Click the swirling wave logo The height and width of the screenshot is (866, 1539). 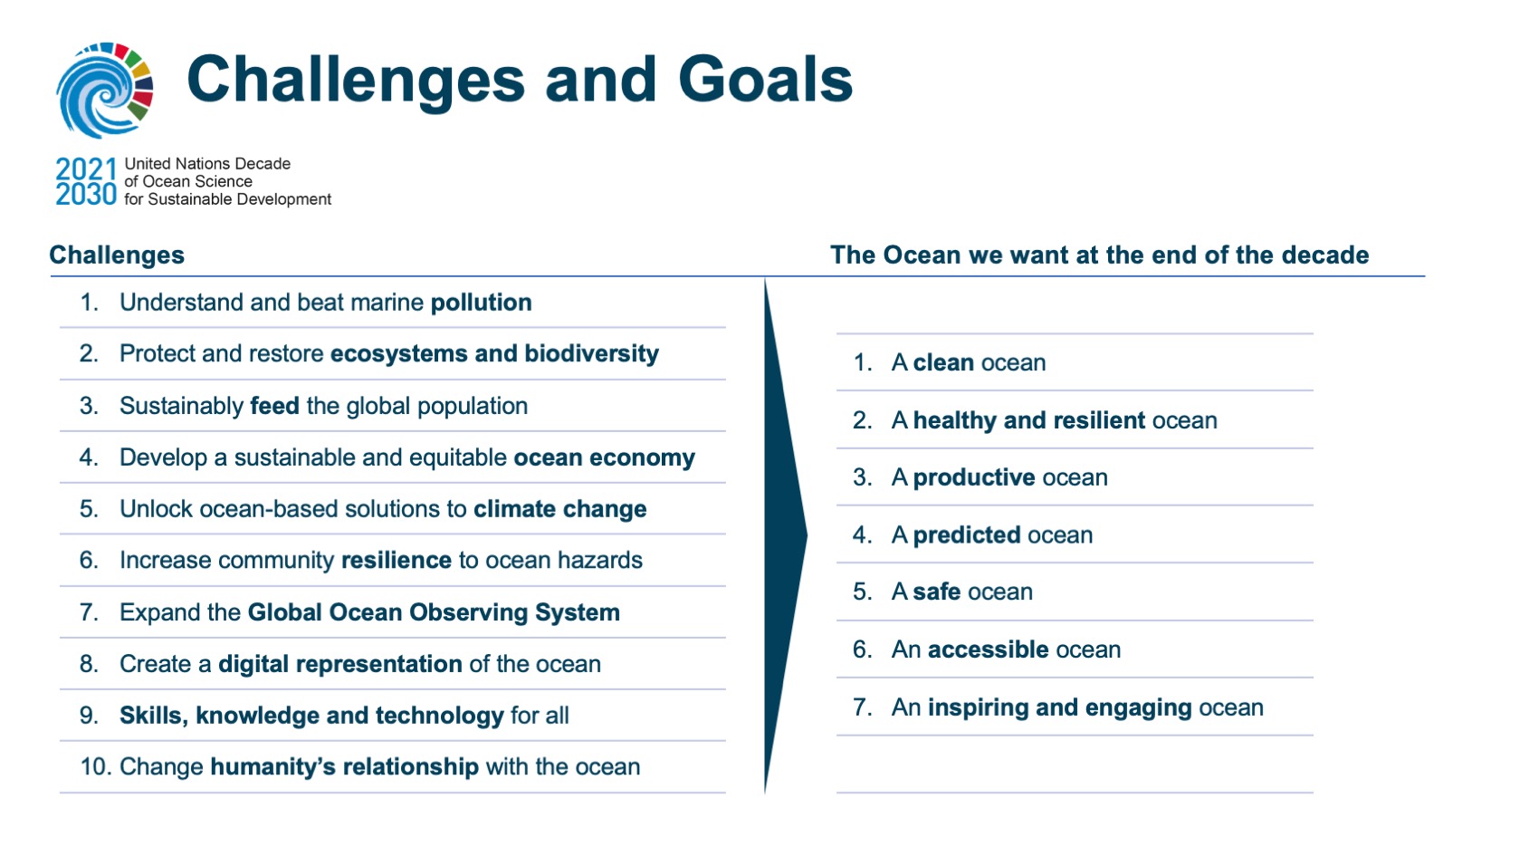tap(104, 90)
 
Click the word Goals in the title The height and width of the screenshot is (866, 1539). tap(765, 81)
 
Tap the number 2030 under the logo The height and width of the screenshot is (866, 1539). tap(86, 195)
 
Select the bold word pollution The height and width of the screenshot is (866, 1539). tap(481, 303)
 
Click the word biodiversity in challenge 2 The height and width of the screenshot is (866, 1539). tap(591, 353)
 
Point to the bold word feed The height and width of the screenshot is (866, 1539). tap(275, 406)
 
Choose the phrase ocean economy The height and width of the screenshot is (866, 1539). tap(605, 457)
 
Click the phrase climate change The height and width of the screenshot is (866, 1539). tap(560, 509)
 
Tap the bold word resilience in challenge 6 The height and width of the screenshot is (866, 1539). tap(397, 560)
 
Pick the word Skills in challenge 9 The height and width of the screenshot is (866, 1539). tap(154, 716)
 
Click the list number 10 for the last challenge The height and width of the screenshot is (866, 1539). tap(95, 767)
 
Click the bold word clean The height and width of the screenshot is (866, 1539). tap(943, 362)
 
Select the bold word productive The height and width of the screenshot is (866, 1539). tap(974, 477)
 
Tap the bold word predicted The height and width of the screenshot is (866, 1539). tap(967, 534)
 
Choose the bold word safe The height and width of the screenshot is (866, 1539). tap(936, 592)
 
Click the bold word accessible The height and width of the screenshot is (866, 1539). tap(988, 649)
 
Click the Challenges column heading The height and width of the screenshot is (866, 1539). tap(117, 255)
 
